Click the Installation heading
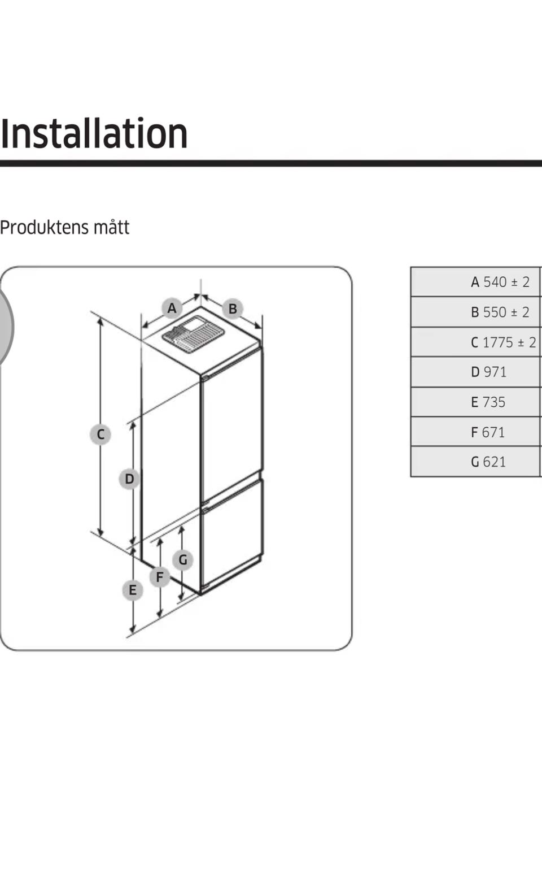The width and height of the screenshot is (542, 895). point(94,134)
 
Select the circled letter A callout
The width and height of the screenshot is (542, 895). point(172,309)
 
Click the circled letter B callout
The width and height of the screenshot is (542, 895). point(233,309)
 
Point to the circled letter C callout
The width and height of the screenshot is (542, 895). point(100,435)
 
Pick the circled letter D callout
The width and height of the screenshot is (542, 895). point(129,479)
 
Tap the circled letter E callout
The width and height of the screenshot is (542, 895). point(133,590)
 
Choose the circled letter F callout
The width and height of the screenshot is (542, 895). point(160,577)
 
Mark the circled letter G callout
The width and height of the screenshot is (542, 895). point(183,560)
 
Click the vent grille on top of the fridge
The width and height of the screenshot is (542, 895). point(193,334)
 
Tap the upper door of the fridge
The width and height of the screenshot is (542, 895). point(231,424)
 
